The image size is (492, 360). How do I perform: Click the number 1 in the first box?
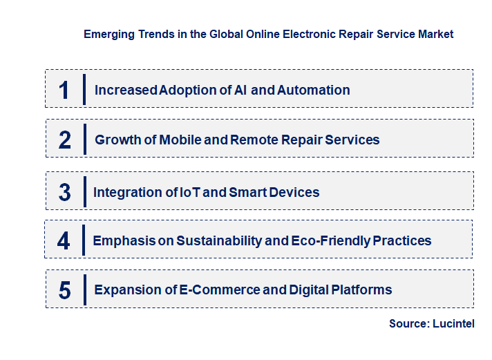64,90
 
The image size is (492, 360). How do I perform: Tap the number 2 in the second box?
65,140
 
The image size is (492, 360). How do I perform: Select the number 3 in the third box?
64,192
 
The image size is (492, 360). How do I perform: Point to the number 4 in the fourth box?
64,240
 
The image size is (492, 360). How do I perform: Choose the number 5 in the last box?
64,290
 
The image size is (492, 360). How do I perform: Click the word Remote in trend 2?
255,140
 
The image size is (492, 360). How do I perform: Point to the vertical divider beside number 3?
84,191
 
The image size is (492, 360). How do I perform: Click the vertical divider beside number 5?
84,289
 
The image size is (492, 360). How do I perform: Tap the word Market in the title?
436,34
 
